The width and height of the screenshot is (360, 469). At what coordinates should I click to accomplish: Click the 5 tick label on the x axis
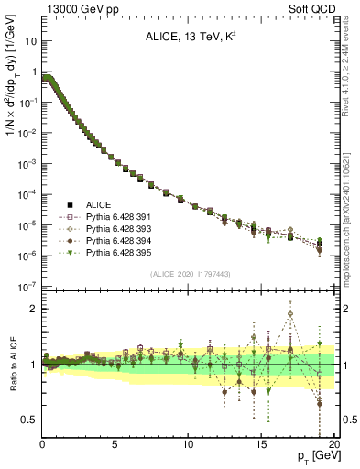pyautogui.click(x=115, y=445)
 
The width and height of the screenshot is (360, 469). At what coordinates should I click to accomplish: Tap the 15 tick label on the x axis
pyautogui.click(x=261, y=445)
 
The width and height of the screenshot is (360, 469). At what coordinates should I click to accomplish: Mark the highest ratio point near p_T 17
pyautogui.click(x=290, y=313)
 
